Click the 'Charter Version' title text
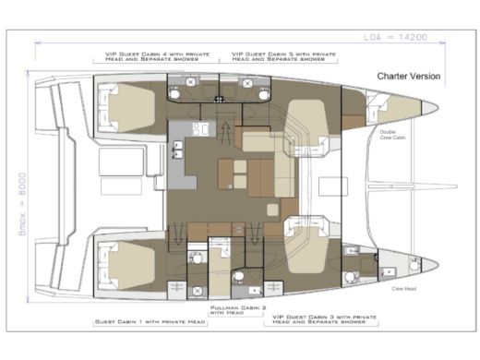(x=408, y=76)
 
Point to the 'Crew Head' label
(x=403, y=289)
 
